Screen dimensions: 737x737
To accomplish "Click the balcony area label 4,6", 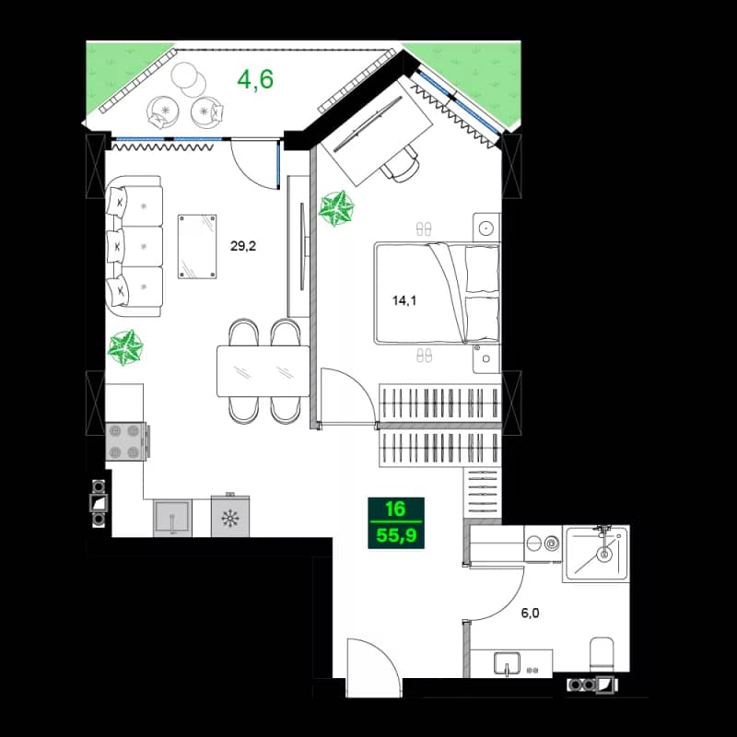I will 255,79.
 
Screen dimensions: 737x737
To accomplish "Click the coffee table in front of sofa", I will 198,246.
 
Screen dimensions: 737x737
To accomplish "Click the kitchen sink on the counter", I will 171,518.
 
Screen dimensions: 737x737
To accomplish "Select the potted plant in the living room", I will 125,347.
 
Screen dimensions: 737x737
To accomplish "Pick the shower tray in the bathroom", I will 596,555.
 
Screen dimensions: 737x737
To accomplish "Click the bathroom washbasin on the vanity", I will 508,661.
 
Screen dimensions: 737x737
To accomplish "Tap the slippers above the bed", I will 424,228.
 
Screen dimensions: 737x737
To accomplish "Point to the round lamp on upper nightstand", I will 485,226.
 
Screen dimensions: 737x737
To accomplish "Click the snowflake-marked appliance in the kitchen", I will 229,518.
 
